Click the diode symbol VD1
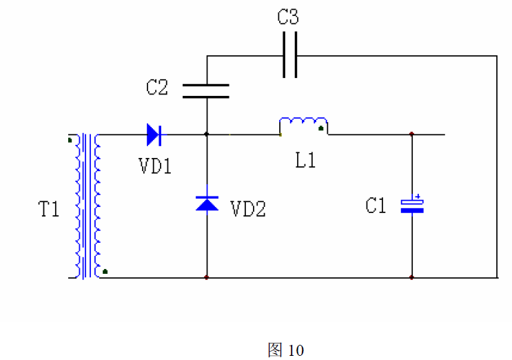pos(154,134)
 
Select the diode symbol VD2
pos(207,203)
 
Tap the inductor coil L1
pos(303,126)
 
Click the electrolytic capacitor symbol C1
pos(412,206)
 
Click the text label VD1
pos(155,166)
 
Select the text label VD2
pos(248,209)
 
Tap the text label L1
pos(305,161)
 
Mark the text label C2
pos(157,88)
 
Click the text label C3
pos(288,18)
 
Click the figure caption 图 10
pos(285,350)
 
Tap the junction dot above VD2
pos(207,134)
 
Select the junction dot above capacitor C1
pos(412,134)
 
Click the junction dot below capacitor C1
pos(412,278)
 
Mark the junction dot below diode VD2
pos(207,278)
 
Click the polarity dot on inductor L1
pos(321,128)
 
